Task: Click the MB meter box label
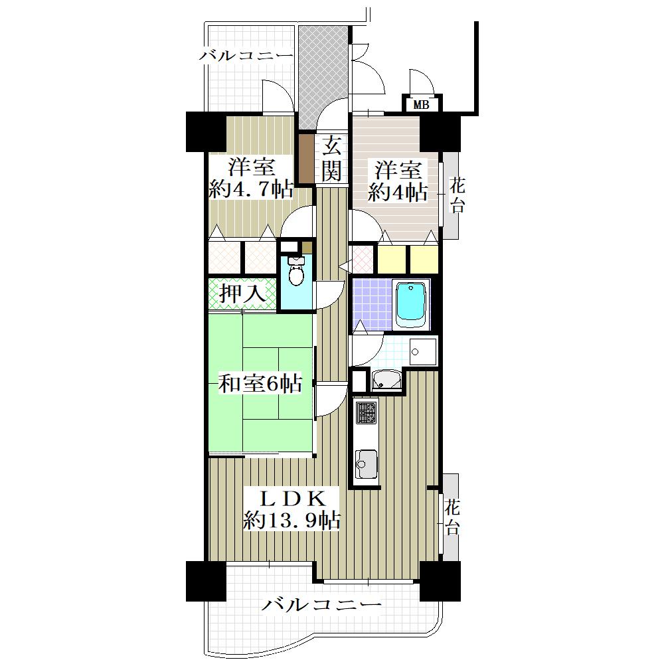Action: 421,105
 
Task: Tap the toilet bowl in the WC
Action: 295,272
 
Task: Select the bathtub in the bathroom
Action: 410,303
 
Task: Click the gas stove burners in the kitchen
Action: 366,412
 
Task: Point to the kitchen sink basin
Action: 367,463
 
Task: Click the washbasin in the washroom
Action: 386,380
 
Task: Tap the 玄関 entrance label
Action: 331,159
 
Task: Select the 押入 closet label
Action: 242,293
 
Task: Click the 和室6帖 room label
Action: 260,383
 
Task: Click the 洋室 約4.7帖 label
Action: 251,178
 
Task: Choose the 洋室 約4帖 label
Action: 398,181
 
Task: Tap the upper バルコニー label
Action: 246,55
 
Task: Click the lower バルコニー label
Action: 321,605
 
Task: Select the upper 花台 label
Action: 457,195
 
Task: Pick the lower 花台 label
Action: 452,517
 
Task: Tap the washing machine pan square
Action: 422,351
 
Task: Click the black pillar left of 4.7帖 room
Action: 206,131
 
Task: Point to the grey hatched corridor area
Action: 324,77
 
